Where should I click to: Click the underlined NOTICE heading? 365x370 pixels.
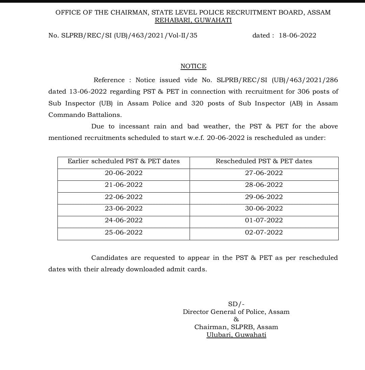pos(193,66)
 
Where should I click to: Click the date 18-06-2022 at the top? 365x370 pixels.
pos(297,35)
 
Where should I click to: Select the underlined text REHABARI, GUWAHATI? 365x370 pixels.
pos(193,20)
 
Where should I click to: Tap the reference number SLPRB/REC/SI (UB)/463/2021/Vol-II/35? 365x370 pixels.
pos(129,35)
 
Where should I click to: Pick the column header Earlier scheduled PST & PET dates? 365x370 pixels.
pos(124,161)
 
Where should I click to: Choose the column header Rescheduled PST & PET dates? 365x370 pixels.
pos(264,161)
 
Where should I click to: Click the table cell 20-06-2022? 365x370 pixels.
pos(124,173)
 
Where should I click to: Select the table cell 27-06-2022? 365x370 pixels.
pos(264,173)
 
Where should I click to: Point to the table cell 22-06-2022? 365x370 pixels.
pos(124,197)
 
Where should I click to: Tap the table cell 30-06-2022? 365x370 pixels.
pos(264,208)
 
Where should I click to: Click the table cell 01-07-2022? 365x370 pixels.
pos(264,220)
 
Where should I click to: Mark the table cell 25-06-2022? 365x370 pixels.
pos(124,232)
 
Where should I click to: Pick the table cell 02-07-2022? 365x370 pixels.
pos(264,232)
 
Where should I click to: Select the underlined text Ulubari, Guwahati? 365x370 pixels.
pos(236,335)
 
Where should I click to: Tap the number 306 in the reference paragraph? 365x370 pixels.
pos(303,92)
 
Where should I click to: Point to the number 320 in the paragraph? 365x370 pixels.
pos(197,103)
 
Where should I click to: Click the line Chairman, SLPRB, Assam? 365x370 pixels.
pos(236,327)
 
